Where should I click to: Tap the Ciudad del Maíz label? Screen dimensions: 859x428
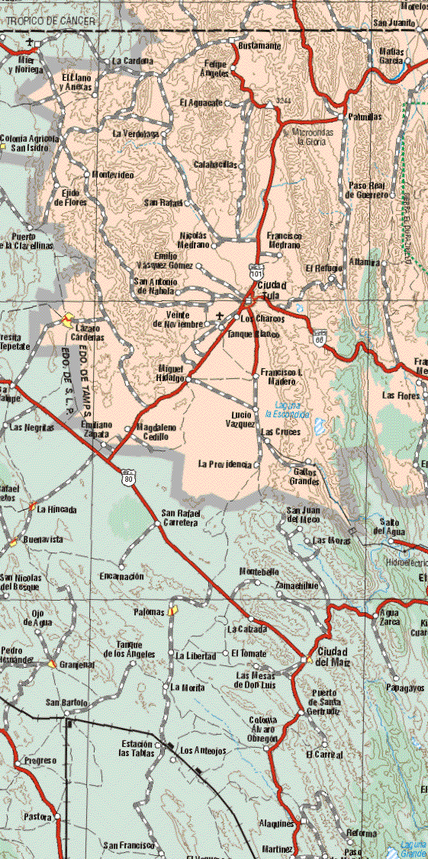click(x=333, y=656)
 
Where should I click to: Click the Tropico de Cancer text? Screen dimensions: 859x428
click(x=50, y=21)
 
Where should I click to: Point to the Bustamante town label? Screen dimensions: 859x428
click(x=259, y=46)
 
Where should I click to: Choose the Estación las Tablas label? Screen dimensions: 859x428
click(x=137, y=748)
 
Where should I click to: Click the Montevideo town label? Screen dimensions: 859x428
click(x=113, y=175)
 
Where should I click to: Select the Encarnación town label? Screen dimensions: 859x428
click(x=122, y=576)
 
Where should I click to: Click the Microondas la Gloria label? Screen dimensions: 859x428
click(x=311, y=136)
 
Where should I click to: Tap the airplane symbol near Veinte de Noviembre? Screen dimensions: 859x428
click(x=220, y=315)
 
